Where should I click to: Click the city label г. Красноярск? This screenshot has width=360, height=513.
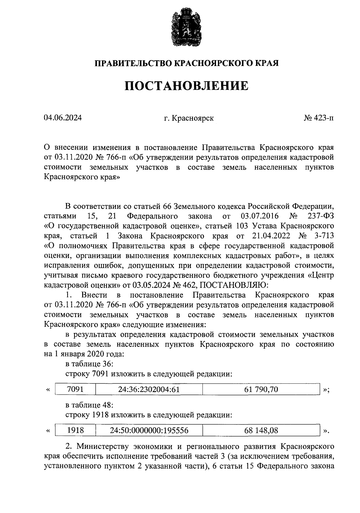coord(189,118)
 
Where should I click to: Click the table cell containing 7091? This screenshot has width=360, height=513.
coord(75,389)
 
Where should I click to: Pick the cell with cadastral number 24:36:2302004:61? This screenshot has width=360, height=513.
coord(149,389)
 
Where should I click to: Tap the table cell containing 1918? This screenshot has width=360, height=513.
coord(75,430)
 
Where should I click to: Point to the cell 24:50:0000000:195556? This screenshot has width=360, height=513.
coord(149,430)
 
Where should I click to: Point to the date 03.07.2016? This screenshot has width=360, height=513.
coord(259,216)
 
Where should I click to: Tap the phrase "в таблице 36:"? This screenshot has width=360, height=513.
coord(89,364)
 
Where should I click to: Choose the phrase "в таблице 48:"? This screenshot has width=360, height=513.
coord(89,405)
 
